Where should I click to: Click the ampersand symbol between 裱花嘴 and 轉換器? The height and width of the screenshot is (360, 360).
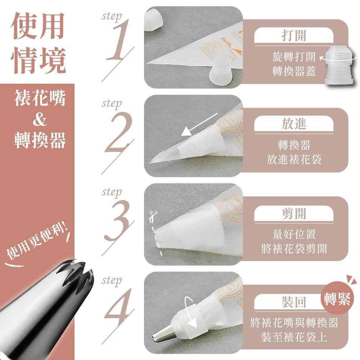click(x=40, y=120)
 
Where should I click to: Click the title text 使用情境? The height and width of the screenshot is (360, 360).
click(x=38, y=43)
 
